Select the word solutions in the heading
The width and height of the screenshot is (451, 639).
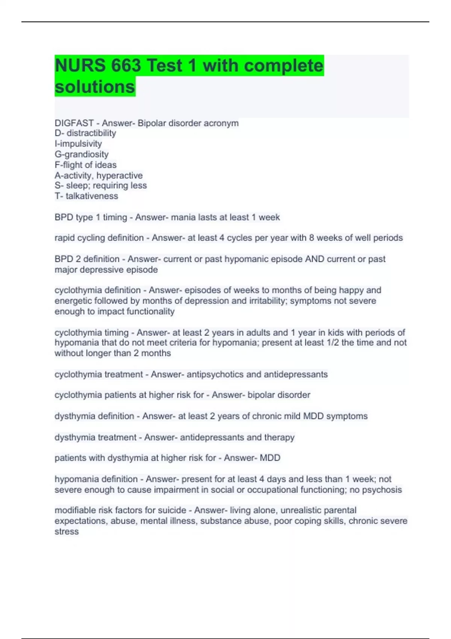[95, 87]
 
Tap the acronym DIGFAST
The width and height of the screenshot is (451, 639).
[74, 123]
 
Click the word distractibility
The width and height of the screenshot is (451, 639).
[91, 133]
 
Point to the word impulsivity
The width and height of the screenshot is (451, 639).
[80, 144]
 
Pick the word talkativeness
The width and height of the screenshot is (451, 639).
[92, 196]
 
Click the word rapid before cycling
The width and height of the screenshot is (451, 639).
[65, 238]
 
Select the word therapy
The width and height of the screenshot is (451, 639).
[279, 438]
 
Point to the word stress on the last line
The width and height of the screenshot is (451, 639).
[67, 531]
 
